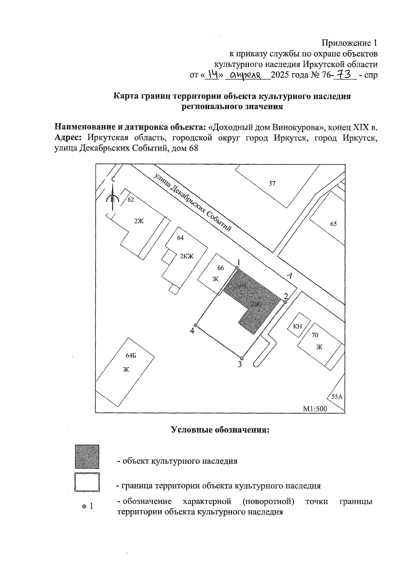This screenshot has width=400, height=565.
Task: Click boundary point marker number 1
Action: pos(237,268)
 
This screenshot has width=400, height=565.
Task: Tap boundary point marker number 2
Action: pos(285,302)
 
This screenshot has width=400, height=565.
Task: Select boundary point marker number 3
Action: pos(242,358)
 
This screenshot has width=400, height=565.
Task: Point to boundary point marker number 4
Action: pos(196,325)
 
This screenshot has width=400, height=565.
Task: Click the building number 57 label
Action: pos(272,183)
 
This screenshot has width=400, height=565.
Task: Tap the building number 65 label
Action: pos(333,224)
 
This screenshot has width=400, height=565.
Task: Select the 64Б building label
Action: pos(131,355)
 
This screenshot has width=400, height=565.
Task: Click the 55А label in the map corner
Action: pos(337,397)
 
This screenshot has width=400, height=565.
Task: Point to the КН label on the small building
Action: pos(297,326)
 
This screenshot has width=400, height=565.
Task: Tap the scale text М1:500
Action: pos(315,409)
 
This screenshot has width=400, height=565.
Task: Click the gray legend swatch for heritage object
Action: pos(87,457)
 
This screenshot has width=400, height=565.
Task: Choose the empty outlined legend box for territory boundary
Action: pos(87,482)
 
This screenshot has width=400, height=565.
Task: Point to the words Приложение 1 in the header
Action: pos(349,43)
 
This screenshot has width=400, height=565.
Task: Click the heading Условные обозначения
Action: pos(220,430)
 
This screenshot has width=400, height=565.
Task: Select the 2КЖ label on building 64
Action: pos(187,256)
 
